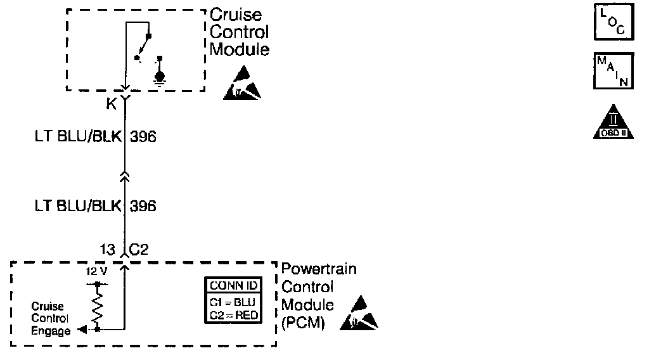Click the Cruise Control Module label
tap(239, 32)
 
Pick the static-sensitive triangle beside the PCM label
tap(358, 313)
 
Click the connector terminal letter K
tap(112, 103)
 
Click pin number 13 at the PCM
tap(106, 248)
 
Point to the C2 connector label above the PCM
tap(139, 248)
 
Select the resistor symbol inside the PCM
tap(97, 307)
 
